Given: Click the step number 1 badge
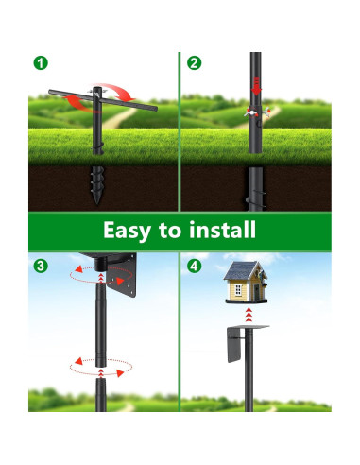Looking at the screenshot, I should [40, 63].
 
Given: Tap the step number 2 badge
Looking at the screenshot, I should [195, 63].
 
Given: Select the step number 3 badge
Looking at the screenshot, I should [40, 266].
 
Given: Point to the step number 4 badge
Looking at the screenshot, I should [195, 266].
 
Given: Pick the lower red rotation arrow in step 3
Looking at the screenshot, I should [99, 367].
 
